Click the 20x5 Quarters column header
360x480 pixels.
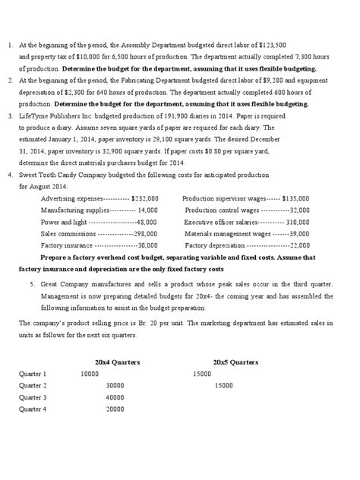point(235,362)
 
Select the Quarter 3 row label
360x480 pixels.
point(33,397)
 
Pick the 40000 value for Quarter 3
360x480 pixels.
point(115,397)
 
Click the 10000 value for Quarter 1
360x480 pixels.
point(89,374)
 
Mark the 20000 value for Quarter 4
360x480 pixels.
point(115,409)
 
